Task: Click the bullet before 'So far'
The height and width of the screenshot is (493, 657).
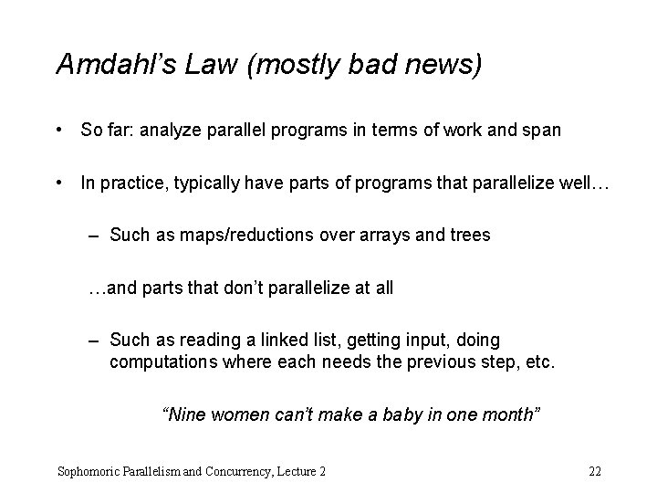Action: click(x=60, y=131)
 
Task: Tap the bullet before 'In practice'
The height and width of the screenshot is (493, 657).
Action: click(x=60, y=183)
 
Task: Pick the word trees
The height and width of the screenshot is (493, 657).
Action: click(x=469, y=235)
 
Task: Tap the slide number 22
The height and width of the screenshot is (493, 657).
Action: click(x=595, y=472)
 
